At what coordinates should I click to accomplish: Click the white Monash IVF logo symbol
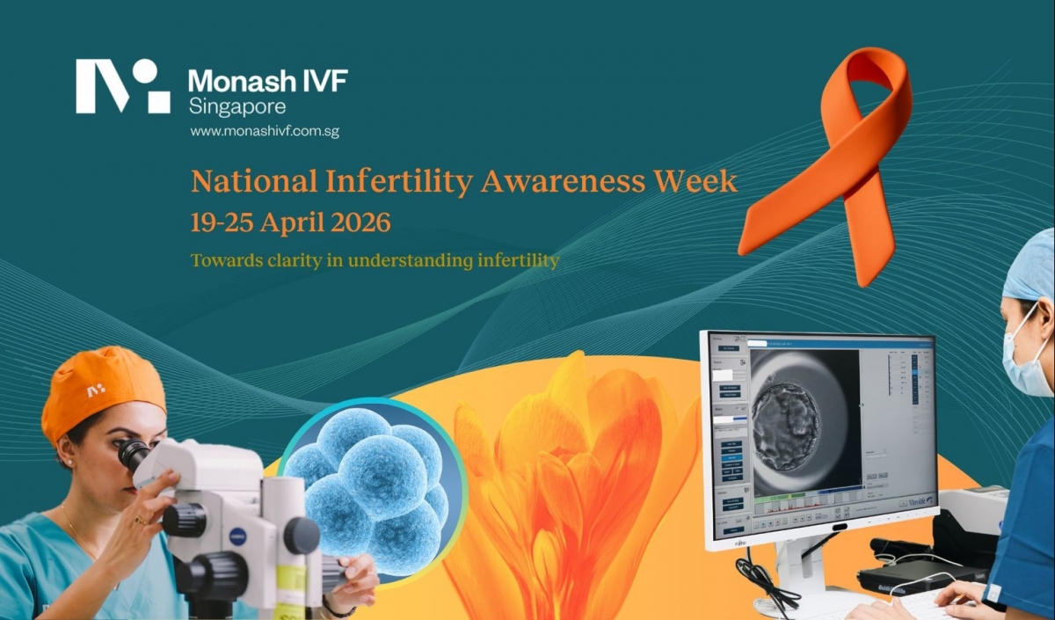(x=122, y=86)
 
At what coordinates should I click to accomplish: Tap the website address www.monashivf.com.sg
(x=265, y=131)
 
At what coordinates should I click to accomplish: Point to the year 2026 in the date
(x=360, y=222)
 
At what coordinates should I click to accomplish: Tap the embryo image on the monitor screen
(x=787, y=413)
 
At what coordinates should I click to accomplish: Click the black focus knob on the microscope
(x=300, y=535)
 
